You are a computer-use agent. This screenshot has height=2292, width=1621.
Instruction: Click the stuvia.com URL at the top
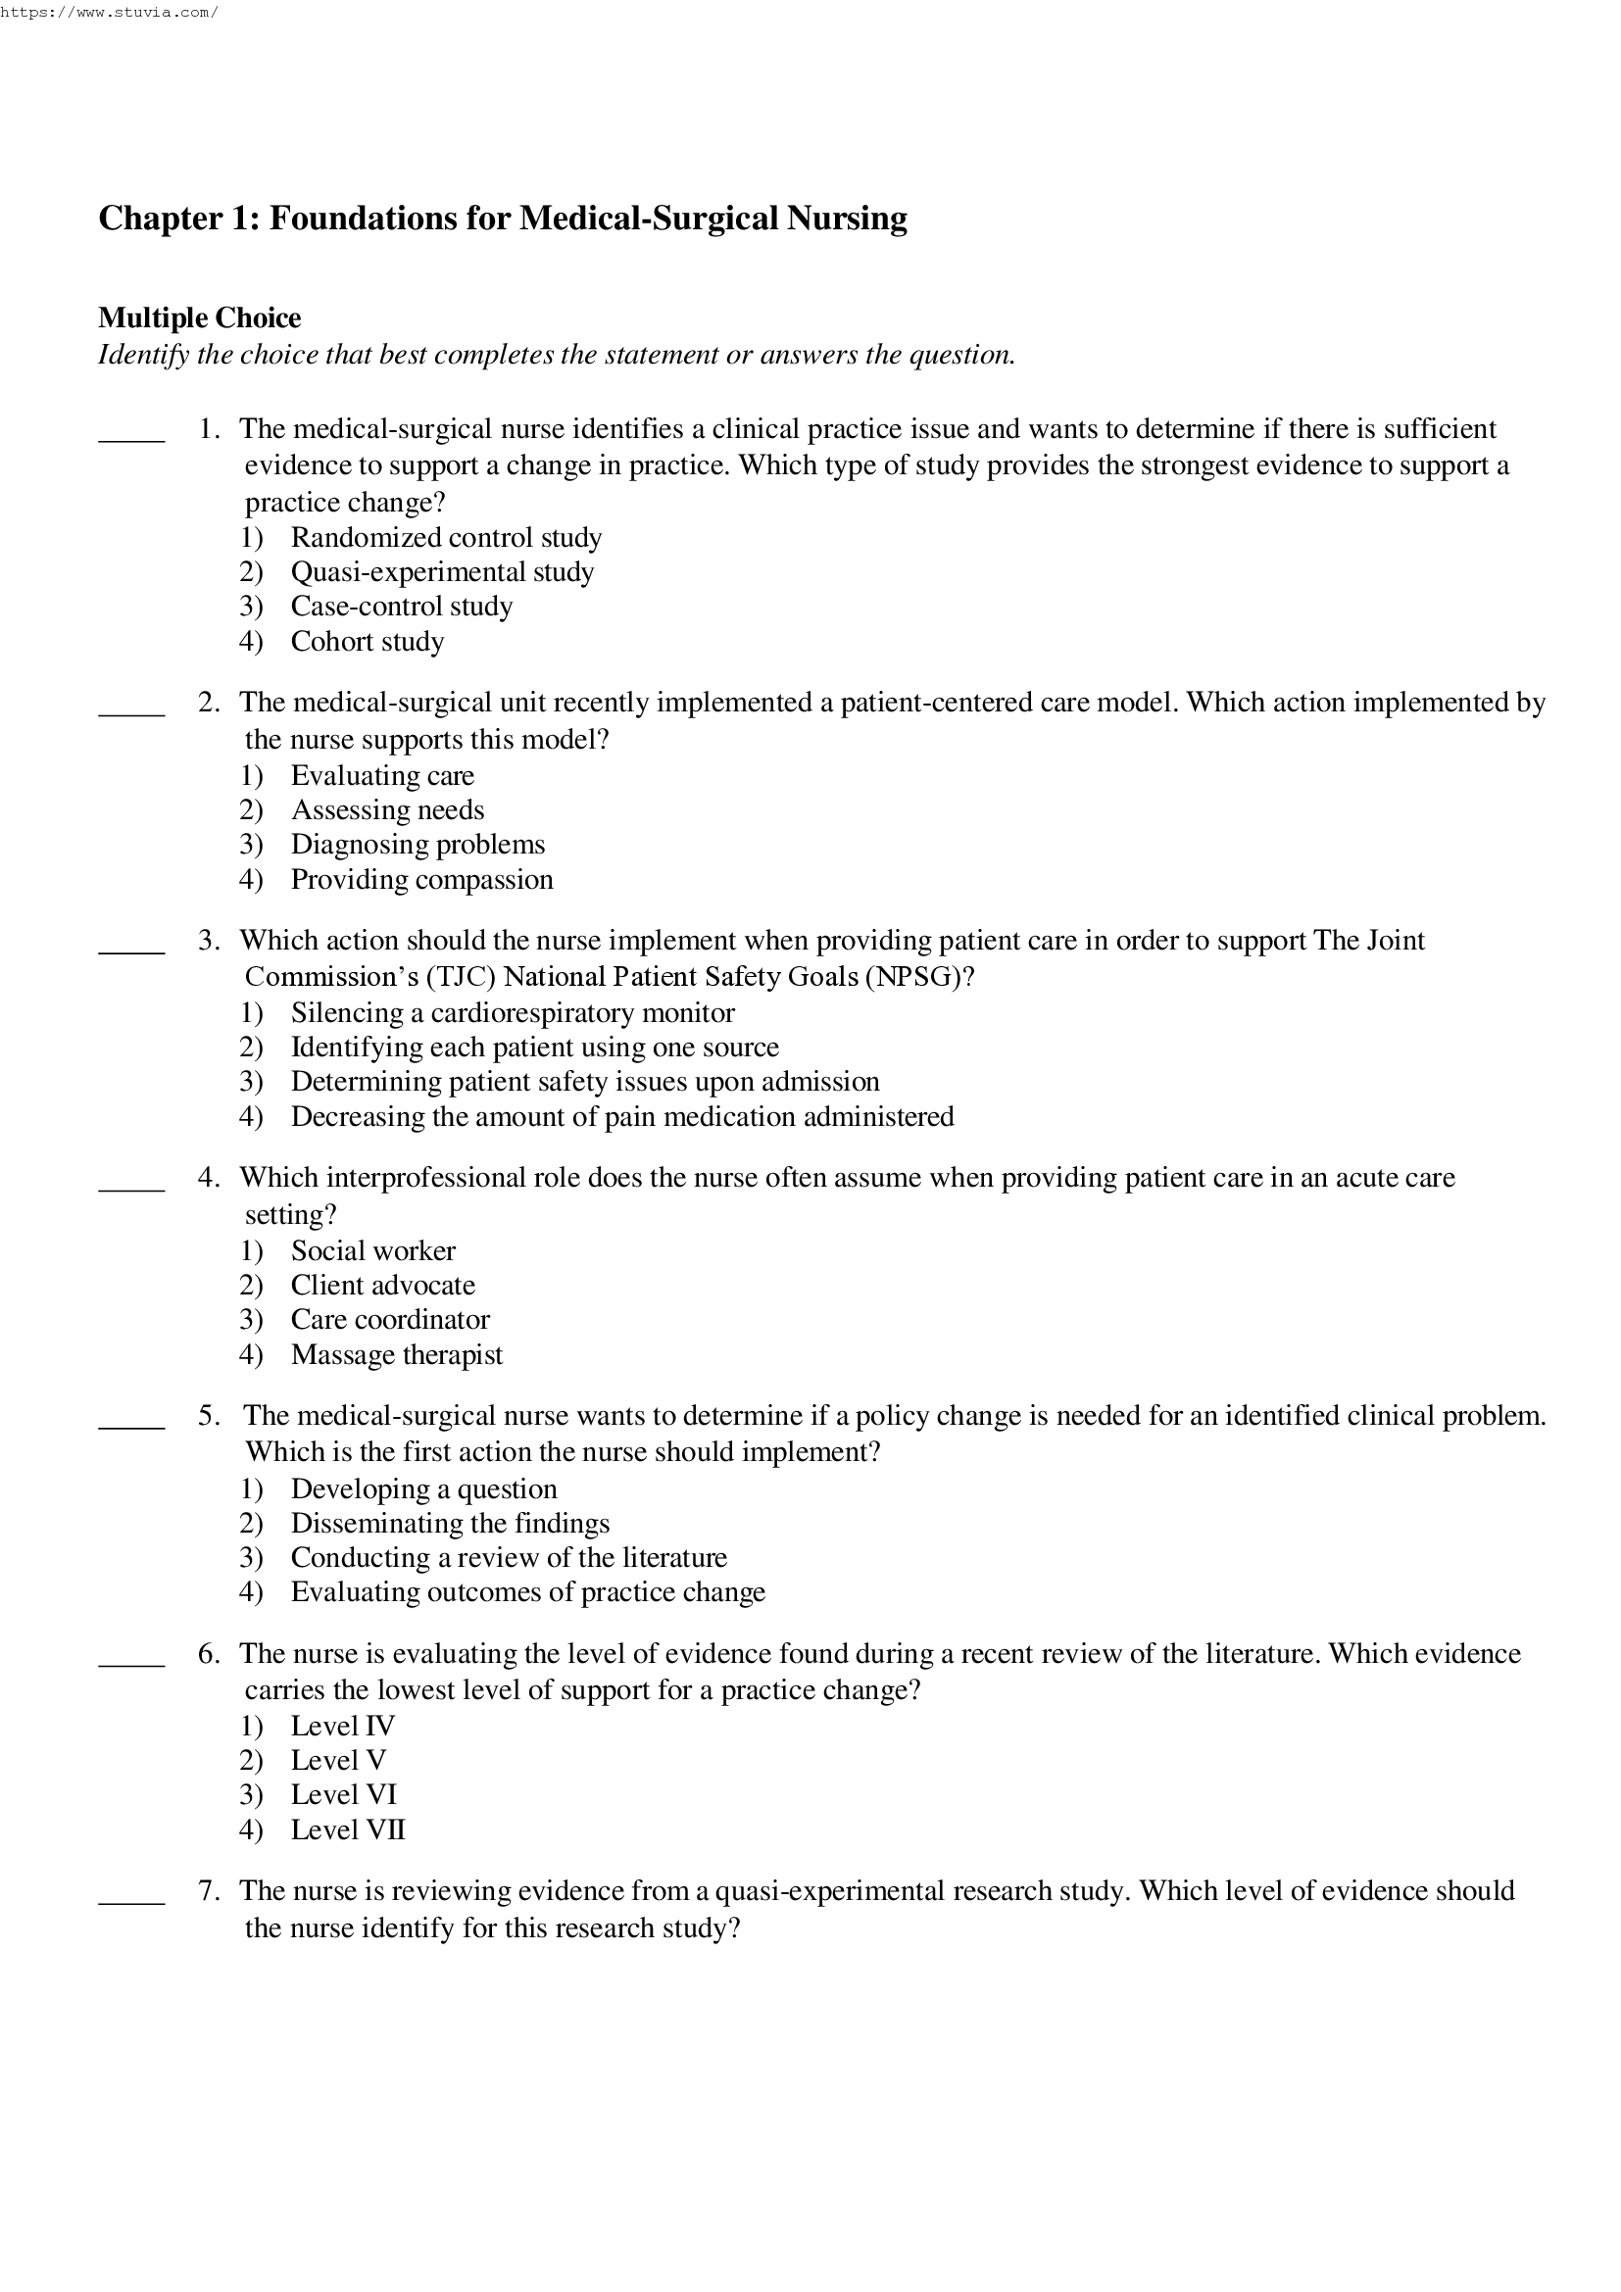(108, 13)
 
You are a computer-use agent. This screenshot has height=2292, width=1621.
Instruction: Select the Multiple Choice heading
(200, 318)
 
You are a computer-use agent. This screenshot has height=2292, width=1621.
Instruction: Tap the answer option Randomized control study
(445, 538)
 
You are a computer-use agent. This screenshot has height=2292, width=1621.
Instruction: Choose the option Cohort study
(367, 642)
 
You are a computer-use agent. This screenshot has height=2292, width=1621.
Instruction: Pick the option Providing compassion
(421, 879)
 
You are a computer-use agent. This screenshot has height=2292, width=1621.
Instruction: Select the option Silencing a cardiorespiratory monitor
(512, 1013)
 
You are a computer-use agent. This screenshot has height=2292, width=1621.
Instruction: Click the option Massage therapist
(396, 1355)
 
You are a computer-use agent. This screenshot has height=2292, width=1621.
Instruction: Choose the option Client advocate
(382, 1286)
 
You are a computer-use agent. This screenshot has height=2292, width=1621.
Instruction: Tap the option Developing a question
(423, 1489)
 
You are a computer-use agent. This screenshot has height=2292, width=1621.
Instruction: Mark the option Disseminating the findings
(449, 1524)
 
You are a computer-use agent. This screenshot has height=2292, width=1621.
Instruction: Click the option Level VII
(347, 1829)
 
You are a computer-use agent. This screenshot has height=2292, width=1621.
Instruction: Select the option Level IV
(342, 1726)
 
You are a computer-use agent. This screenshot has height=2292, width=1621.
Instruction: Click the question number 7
(208, 1890)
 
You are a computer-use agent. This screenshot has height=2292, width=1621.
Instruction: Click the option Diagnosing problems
(418, 845)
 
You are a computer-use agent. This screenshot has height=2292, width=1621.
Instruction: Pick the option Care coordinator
(389, 1320)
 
